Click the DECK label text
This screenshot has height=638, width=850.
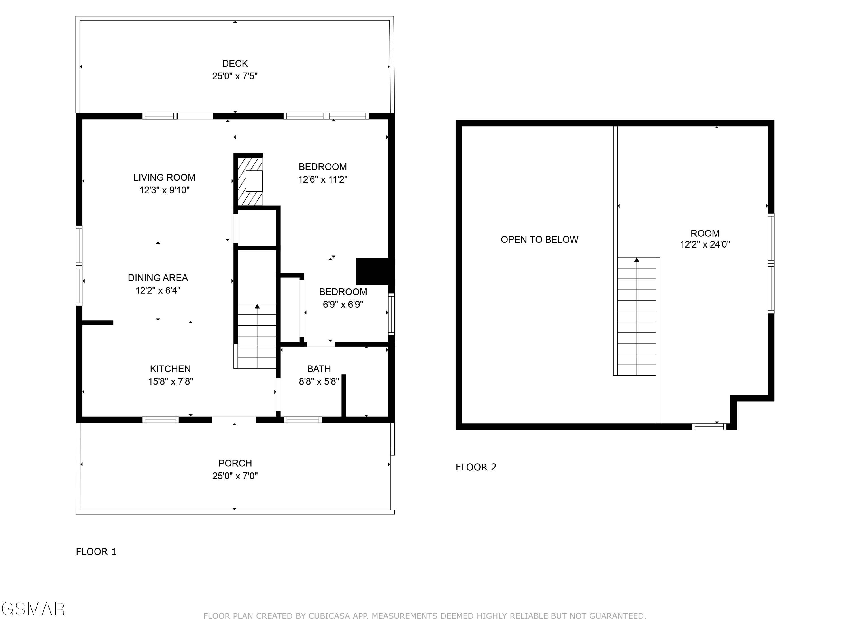tap(235, 64)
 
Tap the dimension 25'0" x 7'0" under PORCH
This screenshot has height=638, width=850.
tap(235, 476)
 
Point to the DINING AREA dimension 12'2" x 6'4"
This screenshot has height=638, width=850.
tap(158, 291)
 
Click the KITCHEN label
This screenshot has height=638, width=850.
tap(170, 369)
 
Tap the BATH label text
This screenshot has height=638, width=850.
tap(318, 369)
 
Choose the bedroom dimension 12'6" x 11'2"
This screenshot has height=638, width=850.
tap(323, 179)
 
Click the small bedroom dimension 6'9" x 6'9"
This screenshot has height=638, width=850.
tap(343, 305)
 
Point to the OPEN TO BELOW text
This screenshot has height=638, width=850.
tap(539, 240)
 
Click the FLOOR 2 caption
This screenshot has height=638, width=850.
tap(476, 467)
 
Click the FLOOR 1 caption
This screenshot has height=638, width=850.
tap(96, 552)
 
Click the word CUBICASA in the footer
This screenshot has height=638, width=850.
tap(329, 616)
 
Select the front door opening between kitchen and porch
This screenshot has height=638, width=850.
tap(234, 420)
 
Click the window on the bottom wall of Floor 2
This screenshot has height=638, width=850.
tap(709, 426)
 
